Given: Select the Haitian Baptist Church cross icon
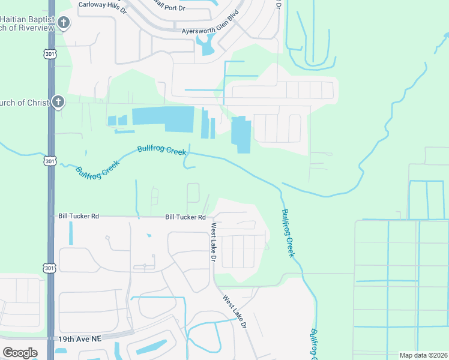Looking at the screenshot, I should coord(64,23).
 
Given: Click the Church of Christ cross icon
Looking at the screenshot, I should coord(58,101).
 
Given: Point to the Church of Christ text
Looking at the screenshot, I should coord(25,103).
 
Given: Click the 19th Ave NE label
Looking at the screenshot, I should coord(80,339).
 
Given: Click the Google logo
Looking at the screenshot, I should coord(20,353).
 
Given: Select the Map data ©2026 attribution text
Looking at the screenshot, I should coord(423,355).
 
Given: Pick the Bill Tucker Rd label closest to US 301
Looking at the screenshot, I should coord(78,215).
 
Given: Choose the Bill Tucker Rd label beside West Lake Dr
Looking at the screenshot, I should coord(185,217).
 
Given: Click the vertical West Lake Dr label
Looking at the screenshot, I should coord(213,242).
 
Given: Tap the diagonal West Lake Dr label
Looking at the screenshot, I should coord(235,311).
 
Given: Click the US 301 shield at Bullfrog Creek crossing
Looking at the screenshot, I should coord(49,161).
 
